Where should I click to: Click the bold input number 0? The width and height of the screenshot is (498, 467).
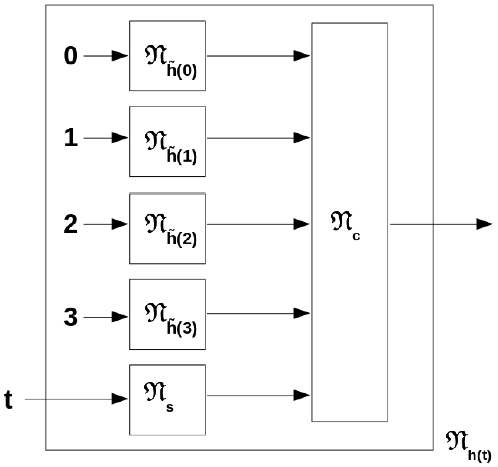click(71, 56)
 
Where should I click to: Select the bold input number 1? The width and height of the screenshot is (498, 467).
click(71, 138)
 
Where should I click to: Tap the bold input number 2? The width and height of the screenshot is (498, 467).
click(71, 224)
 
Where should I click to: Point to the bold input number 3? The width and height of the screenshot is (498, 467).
click(71, 317)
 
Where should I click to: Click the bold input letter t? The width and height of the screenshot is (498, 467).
click(9, 400)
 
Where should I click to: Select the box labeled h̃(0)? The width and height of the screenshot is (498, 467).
click(167, 56)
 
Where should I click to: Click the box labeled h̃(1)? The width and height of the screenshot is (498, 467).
click(167, 141)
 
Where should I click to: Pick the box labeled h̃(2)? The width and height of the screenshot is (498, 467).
click(167, 229)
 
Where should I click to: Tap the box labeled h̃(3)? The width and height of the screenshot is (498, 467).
click(167, 314)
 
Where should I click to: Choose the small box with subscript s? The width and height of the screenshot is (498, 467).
click(167, 400)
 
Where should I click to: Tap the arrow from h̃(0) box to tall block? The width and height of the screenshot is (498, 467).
click(258, 56)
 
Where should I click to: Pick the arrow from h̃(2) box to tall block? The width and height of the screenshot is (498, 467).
click(258, 224)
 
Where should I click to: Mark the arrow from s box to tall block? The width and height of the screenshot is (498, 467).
click(258, 395)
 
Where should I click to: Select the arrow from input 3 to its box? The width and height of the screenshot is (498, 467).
click(105, 317)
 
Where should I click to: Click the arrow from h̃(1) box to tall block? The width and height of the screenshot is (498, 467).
click(258, 138)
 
